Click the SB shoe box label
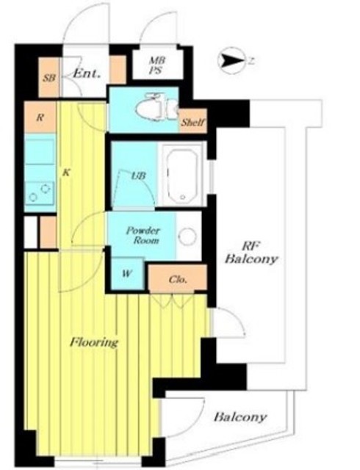pyautogui.click(x=49, y=78)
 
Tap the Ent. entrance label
pyautogui.click(x=87, y=73)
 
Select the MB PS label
pyautogui.click(x=157, y=65)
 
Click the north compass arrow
pyautogui.click(x=231, y=61)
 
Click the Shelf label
pyautogui.click(x=193, y=123)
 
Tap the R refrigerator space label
pyautogui.click(x=40, y=117)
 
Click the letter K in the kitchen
pyautogui.click(x=66, y=173)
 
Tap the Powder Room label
pyautogui.click(x=143, y=236)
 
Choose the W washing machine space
pyautogui.click(x=127, y=273)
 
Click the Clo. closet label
pyautogui.click(x=178, y=280)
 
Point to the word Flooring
pyautogui.click(x=94, y=342)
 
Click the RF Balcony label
pyautogui.click(x=251, y=253)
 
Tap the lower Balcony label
pyautogui.click(x=240, y=416)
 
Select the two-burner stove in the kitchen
pyautogui.click(x=40, y=193)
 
